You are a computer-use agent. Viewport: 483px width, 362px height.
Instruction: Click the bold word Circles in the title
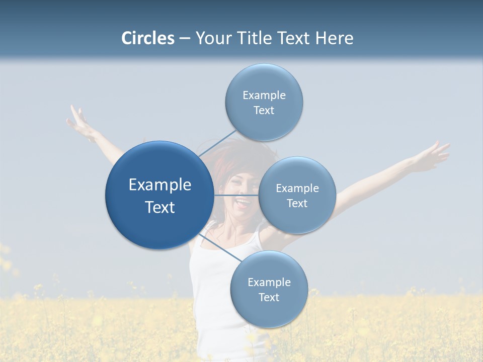coord(147,38)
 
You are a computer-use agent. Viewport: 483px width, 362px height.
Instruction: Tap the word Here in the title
coord(334,38)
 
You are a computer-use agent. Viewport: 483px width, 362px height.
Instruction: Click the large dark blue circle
coord(159,195)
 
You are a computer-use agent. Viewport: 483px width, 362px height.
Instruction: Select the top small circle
coord(264,102)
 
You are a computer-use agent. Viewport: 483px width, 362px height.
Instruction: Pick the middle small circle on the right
coord(297,195)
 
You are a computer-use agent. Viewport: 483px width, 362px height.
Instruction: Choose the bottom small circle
coord(269,289)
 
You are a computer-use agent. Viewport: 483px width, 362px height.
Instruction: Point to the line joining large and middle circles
coord(236,195)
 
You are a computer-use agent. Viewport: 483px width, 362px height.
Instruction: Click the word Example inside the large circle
coord(159,185)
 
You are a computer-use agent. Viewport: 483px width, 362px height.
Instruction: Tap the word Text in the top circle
coord(264,110)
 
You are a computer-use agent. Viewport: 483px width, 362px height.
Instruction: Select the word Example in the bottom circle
coord(269,282)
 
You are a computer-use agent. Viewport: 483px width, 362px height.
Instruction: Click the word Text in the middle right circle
coord(297,203)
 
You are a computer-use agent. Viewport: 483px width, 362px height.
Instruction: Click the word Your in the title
coord(212,38)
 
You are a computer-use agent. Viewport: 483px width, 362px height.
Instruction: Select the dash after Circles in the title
coord(184,38)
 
